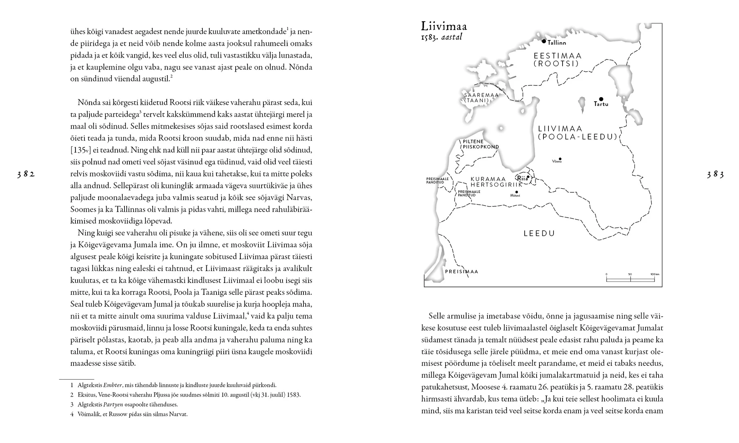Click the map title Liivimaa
click(x=444, y=26)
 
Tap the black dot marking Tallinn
click(x=544, y=41)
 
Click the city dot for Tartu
click(x=601, y=99)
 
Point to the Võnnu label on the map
click(x=557, y=161)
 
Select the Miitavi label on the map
click(x=515, y=195)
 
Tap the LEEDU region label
click(x=539, y=234)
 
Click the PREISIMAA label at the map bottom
click(x=462, y=271)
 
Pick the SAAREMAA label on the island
click(x=481, y=95)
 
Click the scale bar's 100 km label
click(x=655, y=274)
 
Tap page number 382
click(x=26, y=175)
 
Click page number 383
click(x=715, y=175)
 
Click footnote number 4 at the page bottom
click(x=72, y=415)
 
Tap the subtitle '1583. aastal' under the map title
click(x=441, y=37)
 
